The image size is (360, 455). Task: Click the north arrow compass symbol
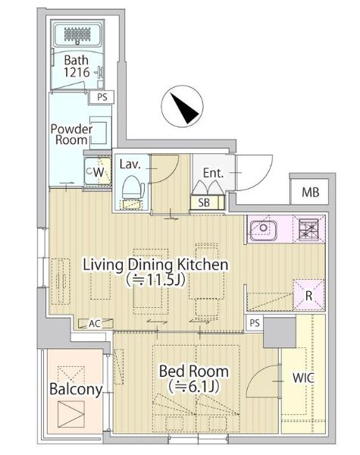[x=182, y=106]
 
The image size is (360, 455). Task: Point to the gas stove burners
[x=308, y=228]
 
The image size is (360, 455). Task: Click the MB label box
[x=310, y=192]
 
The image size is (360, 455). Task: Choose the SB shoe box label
[x=204, y=202]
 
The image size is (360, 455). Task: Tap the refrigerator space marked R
[x=308, y=294]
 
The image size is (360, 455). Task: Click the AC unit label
[x=95, y=324]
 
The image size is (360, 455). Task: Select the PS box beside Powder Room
[x=102, y=97]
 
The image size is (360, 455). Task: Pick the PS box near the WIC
[x=255, y=323]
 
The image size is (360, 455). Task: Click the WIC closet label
[x=303, y=378]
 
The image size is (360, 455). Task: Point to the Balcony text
[x=76, y=390]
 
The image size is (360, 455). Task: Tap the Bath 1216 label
[x=77, y=66]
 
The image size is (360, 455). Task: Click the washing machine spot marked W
[x=98, y=172]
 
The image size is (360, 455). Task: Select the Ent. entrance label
[x=213, y=173]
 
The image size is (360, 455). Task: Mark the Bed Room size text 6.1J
[x=194, y=386]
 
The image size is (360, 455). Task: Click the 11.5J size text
[x=155, y=280]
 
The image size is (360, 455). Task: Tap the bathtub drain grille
[x=77, y=34]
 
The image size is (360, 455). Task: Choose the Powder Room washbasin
[x=100, y=132]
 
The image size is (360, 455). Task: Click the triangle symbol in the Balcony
[x=71, y=414]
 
